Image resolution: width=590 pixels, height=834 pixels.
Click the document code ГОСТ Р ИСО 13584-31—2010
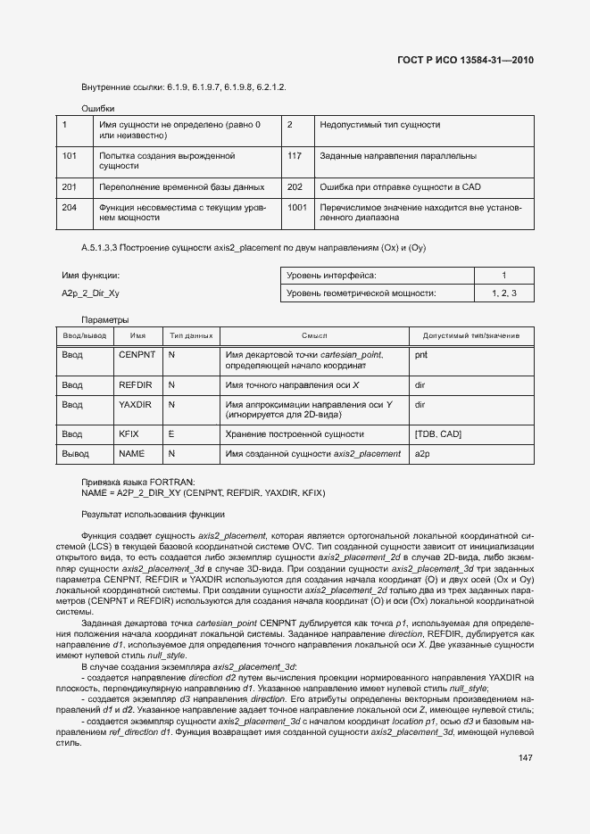click(x=470, y=61)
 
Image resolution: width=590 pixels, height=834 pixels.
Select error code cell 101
click(x=70, y=156)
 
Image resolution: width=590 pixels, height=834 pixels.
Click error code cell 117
click(x=295, y=156)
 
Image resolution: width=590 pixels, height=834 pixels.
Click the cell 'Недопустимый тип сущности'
click(x=379, y=125)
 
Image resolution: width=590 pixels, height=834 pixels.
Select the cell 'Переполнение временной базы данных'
click(x=182, y=187)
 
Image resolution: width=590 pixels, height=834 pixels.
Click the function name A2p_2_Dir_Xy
click(x=90, y=293)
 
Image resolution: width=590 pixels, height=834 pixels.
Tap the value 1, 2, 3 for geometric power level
click(x=503, y=293)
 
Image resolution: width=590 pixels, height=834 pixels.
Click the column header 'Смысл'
click(x=314, y=335)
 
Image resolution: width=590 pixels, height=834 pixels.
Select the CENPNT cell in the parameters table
click(x=137, y=354)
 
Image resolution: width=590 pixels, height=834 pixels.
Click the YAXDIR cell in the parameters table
click(x=137, y=404)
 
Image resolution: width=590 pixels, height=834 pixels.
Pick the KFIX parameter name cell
click(x=129, y=434)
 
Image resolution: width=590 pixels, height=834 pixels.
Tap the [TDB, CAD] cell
click(x=437, y=434)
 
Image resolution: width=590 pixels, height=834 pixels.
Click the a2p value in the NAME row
click(x=422, y=454)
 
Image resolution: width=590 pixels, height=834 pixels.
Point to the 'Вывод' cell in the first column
click(x=75, y=454)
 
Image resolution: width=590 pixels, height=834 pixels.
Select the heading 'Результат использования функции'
click(x=153, y=515)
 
